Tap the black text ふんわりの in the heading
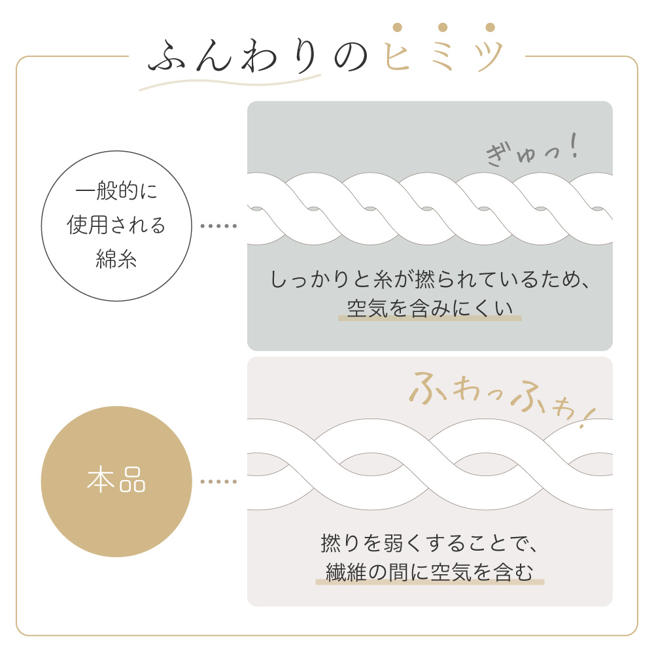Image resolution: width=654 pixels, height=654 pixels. click(x=258, y=56)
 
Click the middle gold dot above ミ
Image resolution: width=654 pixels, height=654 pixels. click(x=443, y=27)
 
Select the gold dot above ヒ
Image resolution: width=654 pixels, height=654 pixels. click(x=398, y=27)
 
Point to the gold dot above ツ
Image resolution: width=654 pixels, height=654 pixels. click(x=490, y=27)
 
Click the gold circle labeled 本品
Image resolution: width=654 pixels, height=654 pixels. click(x=116, y=481)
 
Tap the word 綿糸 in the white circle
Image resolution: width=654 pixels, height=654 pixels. click(x=116, y=258)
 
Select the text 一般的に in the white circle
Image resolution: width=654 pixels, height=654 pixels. click(x=116, y=191)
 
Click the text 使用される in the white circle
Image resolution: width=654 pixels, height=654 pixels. click(x=116, y=225)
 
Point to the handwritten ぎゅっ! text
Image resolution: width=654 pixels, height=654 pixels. click(x=532, y=150)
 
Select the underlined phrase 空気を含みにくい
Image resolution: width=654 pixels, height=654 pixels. click(x=430, y=309)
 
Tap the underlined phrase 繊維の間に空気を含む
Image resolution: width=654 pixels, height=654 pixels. click(x=430, y=572)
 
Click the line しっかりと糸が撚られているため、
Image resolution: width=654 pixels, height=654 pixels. click(x=430, y=279)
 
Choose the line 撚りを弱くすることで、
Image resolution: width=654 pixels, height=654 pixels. click(x=430, y=543)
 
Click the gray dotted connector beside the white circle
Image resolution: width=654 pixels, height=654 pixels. click(x=218, y=226)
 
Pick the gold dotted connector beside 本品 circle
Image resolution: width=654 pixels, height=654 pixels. click(x=218, y=482)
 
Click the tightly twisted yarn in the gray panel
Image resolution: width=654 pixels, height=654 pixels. click(x=430, y=209)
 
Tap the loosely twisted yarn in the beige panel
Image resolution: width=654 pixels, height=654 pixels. click(x=430, y=464)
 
